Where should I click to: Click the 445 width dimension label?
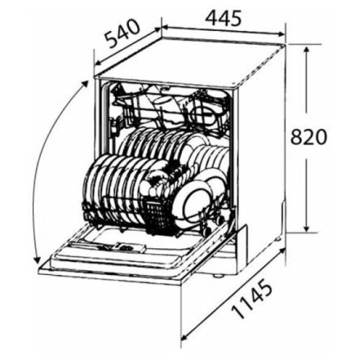(224, 19)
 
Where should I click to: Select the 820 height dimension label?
(309, 137)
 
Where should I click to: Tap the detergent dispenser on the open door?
(130, 247)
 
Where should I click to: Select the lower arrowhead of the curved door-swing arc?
(37, 261)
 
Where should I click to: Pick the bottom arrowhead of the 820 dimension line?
(307, 228)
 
